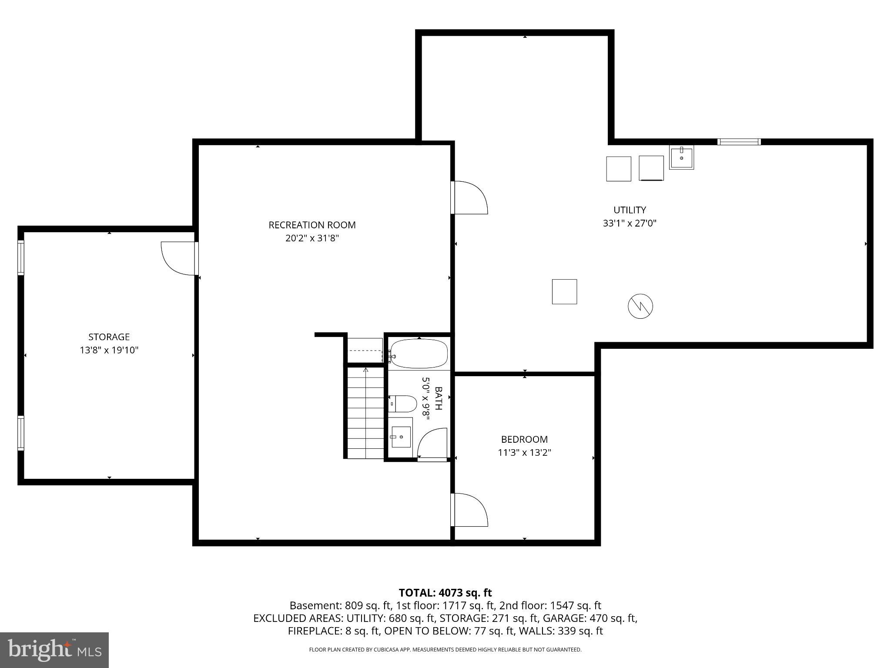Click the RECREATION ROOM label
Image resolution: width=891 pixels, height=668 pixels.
coord(312,225)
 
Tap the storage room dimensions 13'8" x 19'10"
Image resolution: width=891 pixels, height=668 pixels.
coord(109,350)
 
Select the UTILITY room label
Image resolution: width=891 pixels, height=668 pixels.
coord(630,210)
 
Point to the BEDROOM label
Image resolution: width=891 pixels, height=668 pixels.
coord(524,439)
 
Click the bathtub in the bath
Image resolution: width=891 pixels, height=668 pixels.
coord(419,354)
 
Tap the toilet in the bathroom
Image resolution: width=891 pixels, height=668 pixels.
coord(403,404)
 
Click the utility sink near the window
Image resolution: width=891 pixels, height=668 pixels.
coord(681,157)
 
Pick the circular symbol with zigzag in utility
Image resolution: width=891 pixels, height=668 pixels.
coord(640,306)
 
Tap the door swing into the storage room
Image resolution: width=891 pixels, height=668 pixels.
coord(178,258)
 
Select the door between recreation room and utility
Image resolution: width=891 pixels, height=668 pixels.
coord(470,198)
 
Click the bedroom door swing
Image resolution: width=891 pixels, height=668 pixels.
coord(470,510)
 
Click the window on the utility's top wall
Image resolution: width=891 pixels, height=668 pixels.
coord(739,142)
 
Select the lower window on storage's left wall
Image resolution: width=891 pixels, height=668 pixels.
coord(20,433)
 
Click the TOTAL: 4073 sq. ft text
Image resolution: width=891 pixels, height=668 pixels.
coord(445,592)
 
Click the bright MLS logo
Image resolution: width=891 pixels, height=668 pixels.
coord(54,650)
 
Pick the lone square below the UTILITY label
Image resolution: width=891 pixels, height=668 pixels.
coord(564,291)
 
